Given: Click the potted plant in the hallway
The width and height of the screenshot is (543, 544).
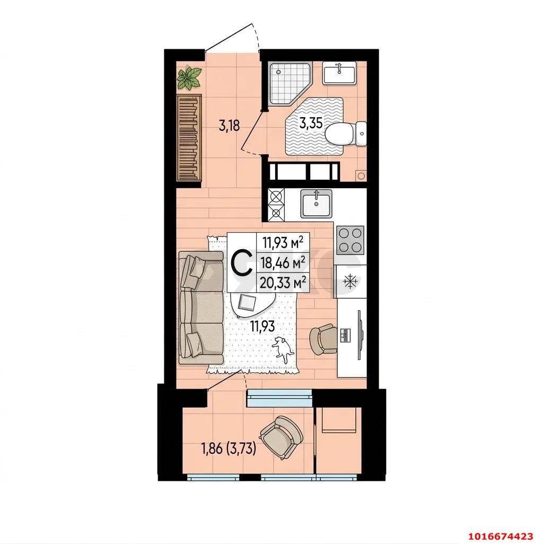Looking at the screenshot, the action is point(189,78).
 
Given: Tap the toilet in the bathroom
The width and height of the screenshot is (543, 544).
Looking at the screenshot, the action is point(346,133).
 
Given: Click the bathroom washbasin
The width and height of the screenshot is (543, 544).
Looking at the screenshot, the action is point(339,73).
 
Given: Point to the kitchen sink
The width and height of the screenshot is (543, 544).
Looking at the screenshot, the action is point(316,204).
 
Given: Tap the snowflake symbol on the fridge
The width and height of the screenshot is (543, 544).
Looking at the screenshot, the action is point(350,282).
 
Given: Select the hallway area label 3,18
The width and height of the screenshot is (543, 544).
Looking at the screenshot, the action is point(229,125).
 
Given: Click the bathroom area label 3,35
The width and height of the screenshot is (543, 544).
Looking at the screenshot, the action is point(311,123).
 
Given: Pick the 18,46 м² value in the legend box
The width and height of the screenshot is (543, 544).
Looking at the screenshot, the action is point(283,262).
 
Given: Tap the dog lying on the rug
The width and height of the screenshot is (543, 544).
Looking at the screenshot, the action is point(283,350).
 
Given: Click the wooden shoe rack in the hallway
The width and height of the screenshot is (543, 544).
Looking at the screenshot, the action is point(189,137).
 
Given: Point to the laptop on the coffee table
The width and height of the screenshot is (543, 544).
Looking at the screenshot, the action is point(247,302).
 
